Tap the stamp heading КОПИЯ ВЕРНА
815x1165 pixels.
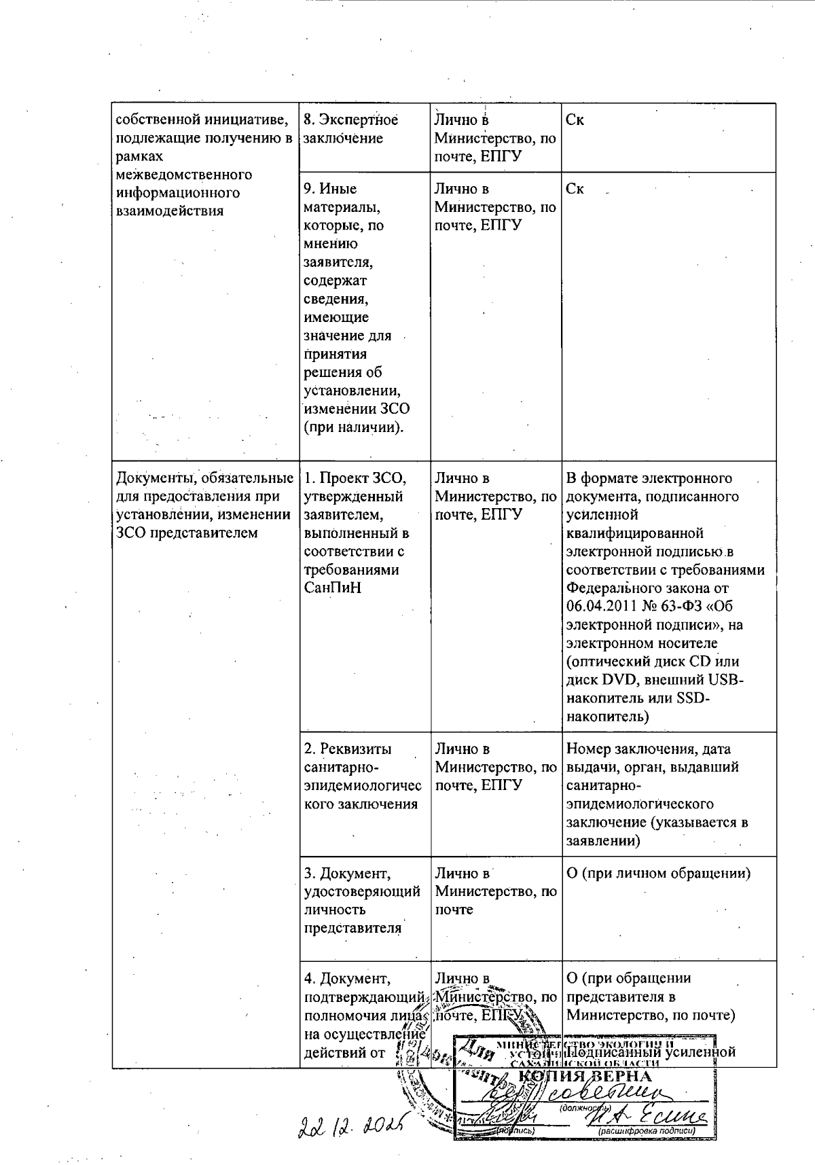[585, 1077]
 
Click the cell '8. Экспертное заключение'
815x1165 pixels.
[350, 129]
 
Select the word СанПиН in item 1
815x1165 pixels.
[333, 588]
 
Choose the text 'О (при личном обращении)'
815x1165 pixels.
[658, 874]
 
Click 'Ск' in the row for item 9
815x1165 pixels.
[575, 189]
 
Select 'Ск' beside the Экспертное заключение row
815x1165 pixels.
[575, 120]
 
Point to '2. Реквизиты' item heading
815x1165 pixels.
[348, 749]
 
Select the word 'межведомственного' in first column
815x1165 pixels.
[184, 175]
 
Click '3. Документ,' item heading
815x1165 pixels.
[347, 873]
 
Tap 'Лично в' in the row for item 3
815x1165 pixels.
[462, 873]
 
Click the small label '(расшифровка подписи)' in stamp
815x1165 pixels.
[646, 1132]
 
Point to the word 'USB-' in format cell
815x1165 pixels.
[726, 679]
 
